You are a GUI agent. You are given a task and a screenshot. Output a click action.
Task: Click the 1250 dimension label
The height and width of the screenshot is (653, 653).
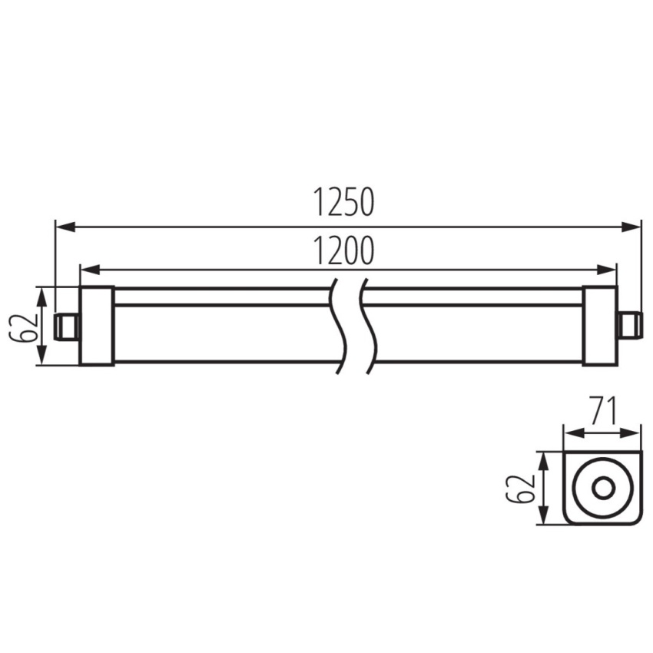343,202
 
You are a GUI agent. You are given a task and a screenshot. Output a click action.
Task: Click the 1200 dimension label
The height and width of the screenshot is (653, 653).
343,250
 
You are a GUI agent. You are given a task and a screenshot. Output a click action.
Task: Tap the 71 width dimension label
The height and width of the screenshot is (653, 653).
603,411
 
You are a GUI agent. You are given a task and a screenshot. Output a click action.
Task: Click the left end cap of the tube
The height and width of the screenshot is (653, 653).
97,326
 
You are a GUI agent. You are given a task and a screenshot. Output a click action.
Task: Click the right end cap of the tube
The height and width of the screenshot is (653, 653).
600,326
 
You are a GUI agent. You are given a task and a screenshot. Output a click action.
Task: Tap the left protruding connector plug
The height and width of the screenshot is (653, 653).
68,326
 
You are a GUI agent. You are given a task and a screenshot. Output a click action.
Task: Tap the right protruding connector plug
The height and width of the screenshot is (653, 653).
629,326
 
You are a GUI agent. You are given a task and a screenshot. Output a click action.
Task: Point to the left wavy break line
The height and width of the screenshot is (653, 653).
338,325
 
